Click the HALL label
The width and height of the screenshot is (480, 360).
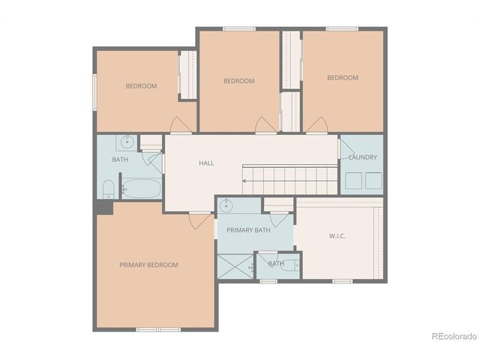206,163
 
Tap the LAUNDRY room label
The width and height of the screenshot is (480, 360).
362,157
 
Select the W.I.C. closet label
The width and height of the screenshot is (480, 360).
337,235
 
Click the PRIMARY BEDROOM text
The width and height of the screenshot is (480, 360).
148,265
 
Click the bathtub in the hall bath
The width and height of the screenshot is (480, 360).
141,188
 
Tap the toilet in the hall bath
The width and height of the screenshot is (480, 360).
107,188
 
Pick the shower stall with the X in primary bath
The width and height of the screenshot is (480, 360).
235,266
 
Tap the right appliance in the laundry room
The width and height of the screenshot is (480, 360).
373,181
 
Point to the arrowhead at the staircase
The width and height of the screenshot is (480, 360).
244,181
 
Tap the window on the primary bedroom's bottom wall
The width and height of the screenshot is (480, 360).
157,329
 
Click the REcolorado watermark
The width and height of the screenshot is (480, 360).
453,336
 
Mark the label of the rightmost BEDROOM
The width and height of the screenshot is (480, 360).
342,78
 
